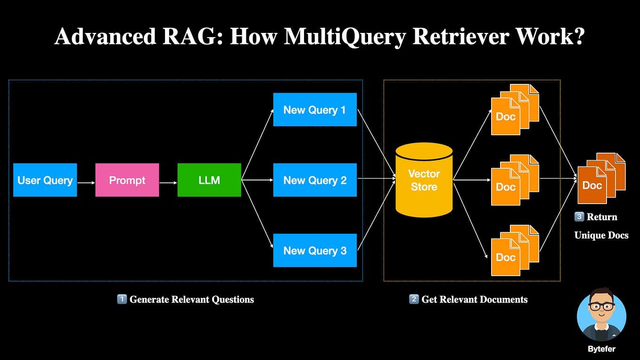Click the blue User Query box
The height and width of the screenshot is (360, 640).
[x=45, y=180]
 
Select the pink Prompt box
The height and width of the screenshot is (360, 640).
[x=127, y=180]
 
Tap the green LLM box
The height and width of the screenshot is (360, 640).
[x=209, y=180]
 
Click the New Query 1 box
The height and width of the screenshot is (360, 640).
[x=315, y=110]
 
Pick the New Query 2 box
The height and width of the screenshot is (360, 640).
[x=315, y=180]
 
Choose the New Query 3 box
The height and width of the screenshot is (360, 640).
[x=315, y=250]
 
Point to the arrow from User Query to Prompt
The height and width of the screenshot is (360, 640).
[x=86, y=182]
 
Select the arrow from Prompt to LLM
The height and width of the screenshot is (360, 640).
[x=168, y=182]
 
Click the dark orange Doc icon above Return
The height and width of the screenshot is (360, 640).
[x=593, y=185]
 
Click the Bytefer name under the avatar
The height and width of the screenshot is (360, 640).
[x=601, y=349]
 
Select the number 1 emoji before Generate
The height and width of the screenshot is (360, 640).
[x=122, y=299]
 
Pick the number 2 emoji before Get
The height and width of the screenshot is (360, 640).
[x=414, y=299]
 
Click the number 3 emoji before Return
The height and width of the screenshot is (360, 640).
[x=579, y=217]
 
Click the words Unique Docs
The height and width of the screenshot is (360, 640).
[x=601, y=235]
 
